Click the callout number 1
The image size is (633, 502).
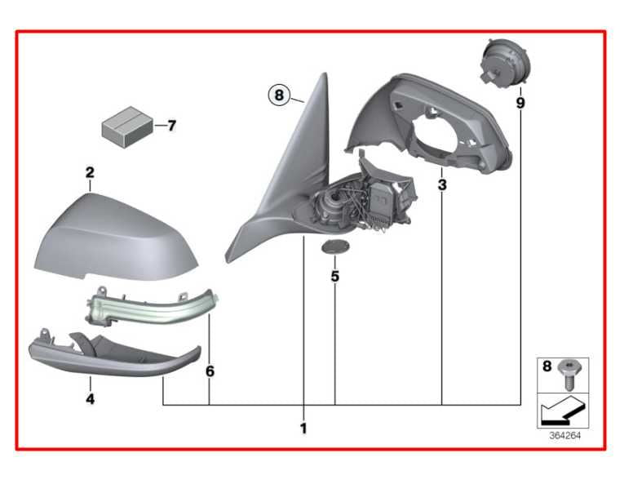click(303, 428)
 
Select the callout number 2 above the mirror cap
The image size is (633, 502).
click(90, 172)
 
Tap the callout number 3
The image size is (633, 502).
click(442, 185)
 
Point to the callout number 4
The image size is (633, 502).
click(90, 399)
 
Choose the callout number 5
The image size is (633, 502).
click(334, 277)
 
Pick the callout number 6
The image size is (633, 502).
click(210, 371)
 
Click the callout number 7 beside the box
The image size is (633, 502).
click(172, 126)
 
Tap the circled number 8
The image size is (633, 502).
click(279, 96)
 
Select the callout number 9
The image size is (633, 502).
click(520, 104)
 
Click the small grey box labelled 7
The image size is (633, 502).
click(127, 127)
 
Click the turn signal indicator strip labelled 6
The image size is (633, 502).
click(152, 307)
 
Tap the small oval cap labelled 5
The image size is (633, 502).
click(335, 247)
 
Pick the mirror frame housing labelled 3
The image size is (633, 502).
click(430, 123)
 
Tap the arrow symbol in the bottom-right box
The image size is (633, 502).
click(562, 410)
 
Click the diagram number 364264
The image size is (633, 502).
click(564, 435)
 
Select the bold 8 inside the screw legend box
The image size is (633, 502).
click(547, 367)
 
